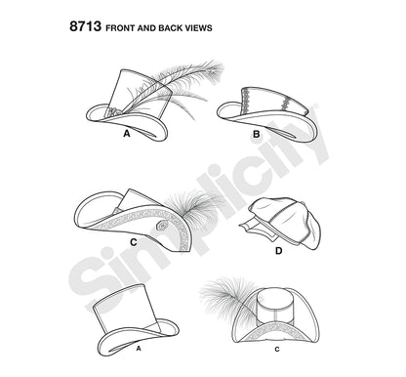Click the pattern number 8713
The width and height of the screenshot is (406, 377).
tap(85, 26)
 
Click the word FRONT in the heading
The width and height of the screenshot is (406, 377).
tap(120, 28)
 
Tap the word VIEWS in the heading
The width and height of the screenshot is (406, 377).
tap(198, 28)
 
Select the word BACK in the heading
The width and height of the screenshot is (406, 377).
tap(171, 28)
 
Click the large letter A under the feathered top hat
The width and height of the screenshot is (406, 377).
tap(127, 134)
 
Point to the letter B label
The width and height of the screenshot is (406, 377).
tap(257, 134)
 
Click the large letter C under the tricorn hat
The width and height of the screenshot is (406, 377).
tap(134, 242)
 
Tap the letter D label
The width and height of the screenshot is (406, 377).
tap(279, 251)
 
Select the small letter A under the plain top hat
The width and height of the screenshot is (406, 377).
tap(139, 349)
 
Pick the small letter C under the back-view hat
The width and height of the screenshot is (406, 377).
tap(277, 350)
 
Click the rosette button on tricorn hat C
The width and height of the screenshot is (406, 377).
tap(161, 226)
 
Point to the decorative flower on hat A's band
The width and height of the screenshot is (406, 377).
tap(112, 110)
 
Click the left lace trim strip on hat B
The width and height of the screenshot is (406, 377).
tap(245, 97)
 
